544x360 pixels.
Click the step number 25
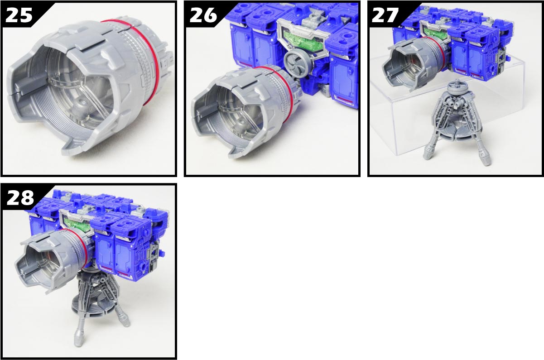pyautogui.click(x=19, y=15)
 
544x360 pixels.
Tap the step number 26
pyautogui.click(x=203, y=15)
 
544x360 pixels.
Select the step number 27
pyautogui.click(x=385, y=15)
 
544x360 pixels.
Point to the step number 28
pyautogui.click(x=20, y=197)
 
